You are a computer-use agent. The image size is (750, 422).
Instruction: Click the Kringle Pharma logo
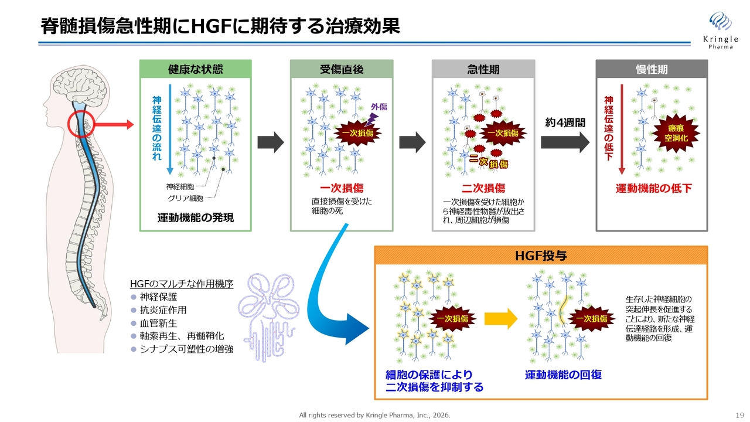pyautogui.click(x=720, y=29)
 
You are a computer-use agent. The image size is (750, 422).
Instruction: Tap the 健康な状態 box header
pyautogui.click(x=195, y=69)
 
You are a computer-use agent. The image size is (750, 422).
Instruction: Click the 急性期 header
pyautogui.click(x=483, y=69)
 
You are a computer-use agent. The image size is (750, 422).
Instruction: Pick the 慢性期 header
pyautogui.click(x=652, y=69)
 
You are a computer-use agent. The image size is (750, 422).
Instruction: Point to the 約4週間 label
pyautogui.click(x=564, y=123)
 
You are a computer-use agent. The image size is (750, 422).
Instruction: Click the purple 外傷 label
pyautogui.click(x=379, y=107)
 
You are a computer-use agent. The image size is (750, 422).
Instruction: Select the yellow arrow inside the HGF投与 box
pyautogui.click(x=503, y=319)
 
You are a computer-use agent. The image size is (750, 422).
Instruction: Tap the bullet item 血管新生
pyautogui.click(x=158, y=323)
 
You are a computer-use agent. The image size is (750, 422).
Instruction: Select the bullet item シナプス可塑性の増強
pyautogui.click(x=186, y=349)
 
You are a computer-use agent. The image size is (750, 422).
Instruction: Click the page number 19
pyautogui.click(x=739, y=415)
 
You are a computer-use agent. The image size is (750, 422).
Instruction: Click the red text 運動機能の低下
pyautogui.click(x=653, y=188)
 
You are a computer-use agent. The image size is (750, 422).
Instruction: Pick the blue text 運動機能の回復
pyautogui.click(x=563, y=375)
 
